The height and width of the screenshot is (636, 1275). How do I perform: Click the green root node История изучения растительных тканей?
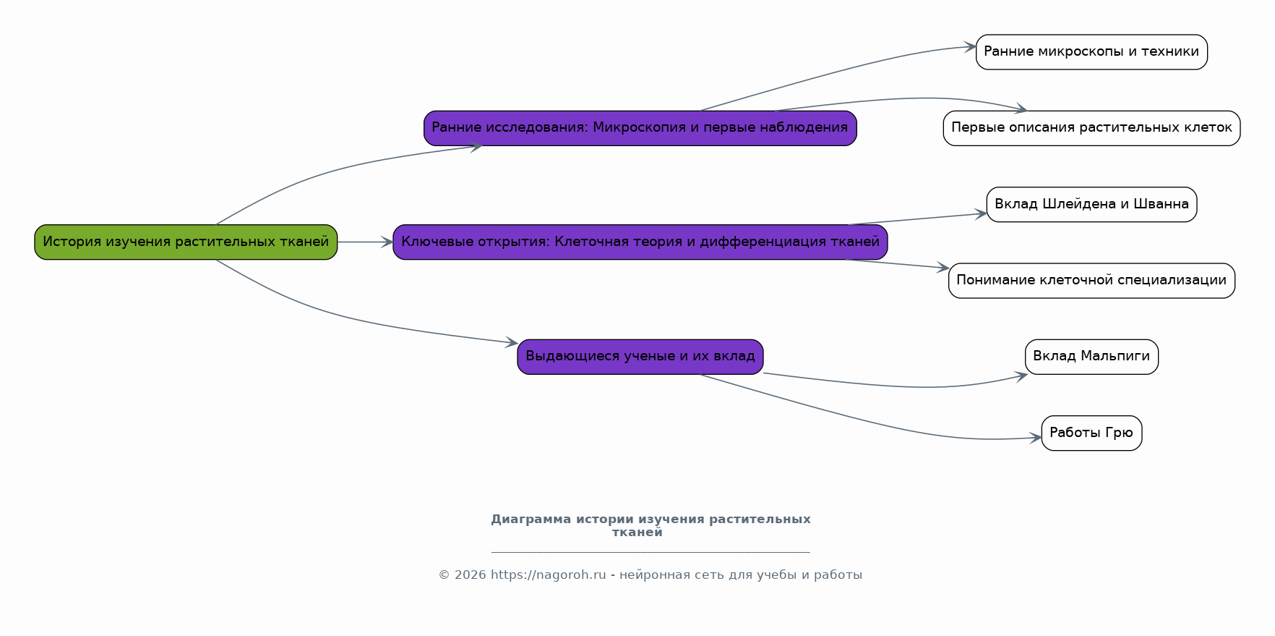[x=186, y=242]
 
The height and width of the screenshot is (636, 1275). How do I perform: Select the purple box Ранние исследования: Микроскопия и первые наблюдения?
[x=640, y=128]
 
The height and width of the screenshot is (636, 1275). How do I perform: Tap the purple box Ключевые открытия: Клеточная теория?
[x=640, y=242]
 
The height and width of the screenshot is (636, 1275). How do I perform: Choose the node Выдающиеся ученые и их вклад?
[x=640, y=357]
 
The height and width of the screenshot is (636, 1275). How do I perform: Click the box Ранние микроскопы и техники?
[x=1091, y=52]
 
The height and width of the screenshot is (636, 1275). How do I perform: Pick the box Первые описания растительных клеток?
[x=1091, y=128]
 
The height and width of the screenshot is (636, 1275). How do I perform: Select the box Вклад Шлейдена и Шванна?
[x=1091, y=204]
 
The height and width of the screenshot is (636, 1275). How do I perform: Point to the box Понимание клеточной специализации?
[x=1091, y=280]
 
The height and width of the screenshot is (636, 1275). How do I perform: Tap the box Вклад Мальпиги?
[x=1091, y=357]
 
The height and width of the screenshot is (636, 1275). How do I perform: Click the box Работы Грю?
[x=1091, y=433]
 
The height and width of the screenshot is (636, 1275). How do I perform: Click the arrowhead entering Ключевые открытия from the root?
[x=387, y=242]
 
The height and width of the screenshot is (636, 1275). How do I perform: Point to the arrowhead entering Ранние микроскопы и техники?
[x=971, y=47]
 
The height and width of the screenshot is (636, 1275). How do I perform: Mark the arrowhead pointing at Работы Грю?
[x=1036, y=438]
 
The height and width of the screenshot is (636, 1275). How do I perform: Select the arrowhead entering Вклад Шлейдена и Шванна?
[x=981, y=213]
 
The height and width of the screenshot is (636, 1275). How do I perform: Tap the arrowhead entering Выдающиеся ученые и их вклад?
[x=512, y=342]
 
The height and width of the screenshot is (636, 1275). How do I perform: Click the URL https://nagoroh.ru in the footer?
[x=549, y=575]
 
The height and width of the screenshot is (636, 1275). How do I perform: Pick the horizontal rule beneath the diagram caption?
[x=651, y=552]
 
